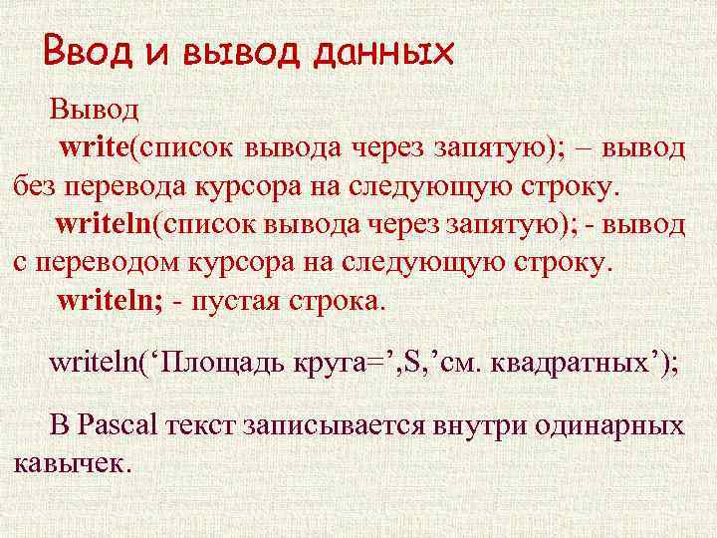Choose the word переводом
105,262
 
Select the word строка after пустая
334,301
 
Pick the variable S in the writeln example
410,362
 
